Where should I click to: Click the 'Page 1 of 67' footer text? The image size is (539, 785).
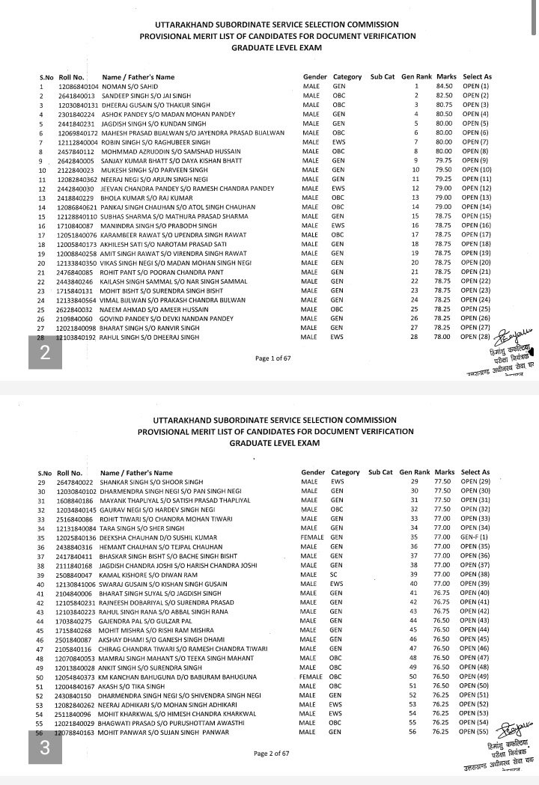(x=272, y=358)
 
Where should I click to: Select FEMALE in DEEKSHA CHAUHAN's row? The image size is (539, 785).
(x=313, y=537)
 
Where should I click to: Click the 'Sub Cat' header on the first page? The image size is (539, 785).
(x=382, y=77)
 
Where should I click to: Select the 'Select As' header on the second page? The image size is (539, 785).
(x=477, y=473)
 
